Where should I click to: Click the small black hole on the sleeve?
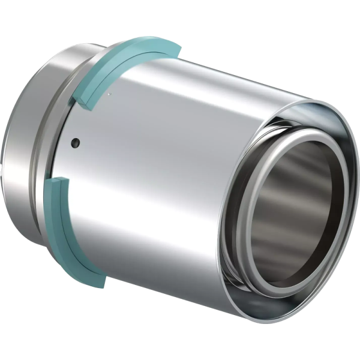pyautogui.click(x=74, y=142)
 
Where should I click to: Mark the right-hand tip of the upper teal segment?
pyautogui.click(x=175, y=47)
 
